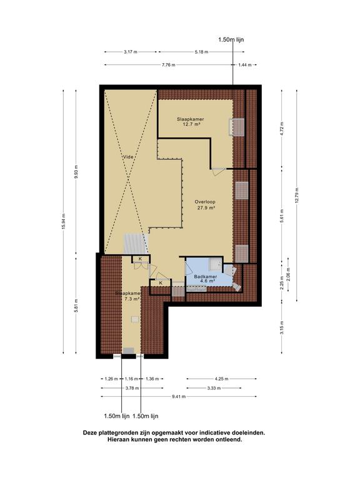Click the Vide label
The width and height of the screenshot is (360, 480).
click(128, 157)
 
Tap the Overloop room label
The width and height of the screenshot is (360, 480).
click(205, 202)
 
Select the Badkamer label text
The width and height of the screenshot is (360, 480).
click(206, 276)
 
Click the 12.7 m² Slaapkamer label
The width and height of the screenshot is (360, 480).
click(191, 121)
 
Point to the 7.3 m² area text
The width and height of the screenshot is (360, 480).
click(132, 299)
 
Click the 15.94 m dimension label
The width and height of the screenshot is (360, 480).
click(63, 222)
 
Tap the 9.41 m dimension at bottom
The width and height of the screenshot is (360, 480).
click(179, 396)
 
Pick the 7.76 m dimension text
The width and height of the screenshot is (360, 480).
click(169, 65)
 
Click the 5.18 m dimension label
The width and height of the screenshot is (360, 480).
click(201, 52)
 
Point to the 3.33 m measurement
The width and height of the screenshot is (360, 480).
click(214, 388)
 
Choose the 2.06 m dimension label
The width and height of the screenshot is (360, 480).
click(288, 274)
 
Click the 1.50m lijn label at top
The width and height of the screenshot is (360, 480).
click(231, 39)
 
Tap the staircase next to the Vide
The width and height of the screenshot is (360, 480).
click(136, 244)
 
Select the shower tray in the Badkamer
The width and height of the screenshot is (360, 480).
click(216, 264)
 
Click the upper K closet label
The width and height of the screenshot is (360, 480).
click(140, 259)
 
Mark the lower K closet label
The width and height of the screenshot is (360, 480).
click(161, 283)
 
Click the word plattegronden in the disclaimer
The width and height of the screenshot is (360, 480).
click(116, 433)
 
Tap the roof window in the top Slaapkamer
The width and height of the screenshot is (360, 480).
click(237, 127)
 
